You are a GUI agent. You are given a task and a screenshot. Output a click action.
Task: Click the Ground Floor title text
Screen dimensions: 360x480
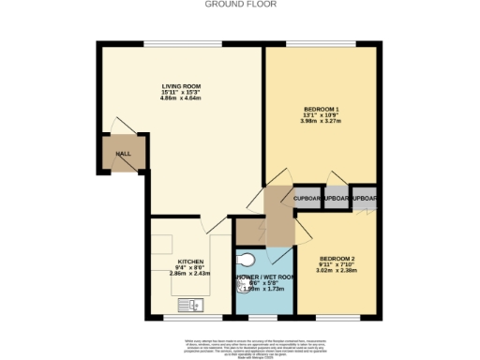pos(240,4)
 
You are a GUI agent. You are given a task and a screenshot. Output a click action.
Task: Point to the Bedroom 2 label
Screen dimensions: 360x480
pos(335,258)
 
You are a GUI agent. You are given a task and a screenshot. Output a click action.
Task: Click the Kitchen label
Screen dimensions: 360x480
pos(191,262)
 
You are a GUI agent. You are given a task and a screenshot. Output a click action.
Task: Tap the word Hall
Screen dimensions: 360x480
pos(123,154)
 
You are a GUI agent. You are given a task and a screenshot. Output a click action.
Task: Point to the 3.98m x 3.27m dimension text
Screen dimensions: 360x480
pos(322,121)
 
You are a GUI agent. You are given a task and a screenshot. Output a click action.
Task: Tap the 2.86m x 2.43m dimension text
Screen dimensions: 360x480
pos(191,276)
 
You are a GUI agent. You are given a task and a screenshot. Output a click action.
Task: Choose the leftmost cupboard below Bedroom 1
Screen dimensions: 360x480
pos(308,198)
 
